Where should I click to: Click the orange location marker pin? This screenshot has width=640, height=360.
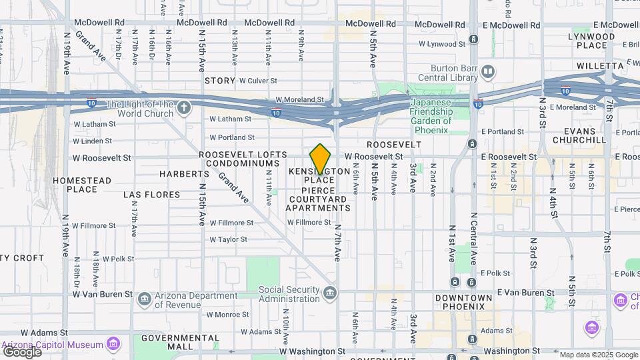[x=321, y=159]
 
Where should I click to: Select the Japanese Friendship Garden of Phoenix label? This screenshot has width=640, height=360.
[x=431, y=111]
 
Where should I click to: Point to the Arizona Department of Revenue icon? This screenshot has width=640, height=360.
[x=143, y=300]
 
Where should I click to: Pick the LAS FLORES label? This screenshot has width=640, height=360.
[x=151, y=195]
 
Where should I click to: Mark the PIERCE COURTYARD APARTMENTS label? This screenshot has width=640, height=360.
[x=318, y=199]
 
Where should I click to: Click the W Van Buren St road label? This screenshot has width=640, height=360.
[x=103, y=293]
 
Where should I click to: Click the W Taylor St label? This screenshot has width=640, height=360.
[x=228, y=239]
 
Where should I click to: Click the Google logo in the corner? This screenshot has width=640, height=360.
[x=21, y=351]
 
